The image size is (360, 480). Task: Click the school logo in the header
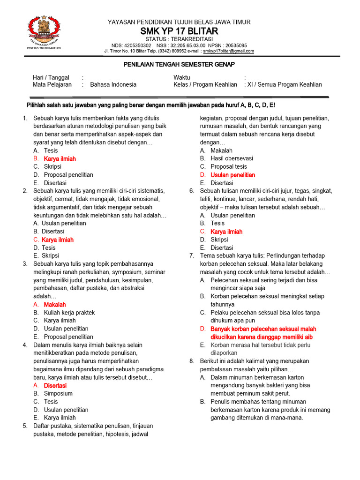click(44, 32)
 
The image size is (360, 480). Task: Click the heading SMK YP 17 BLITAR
click(179, 31)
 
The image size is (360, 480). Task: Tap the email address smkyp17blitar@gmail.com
click(228, 51)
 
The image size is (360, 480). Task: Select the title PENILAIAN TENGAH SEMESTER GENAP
click(179, 64)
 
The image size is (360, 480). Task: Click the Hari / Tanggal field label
click(51, 77)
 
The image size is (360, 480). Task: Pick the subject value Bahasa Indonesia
click(113, 85)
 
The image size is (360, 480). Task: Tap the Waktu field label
click(182, 77)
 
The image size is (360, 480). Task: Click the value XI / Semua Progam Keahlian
click(285, 85)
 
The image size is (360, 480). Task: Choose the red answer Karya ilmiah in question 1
click(60, 159)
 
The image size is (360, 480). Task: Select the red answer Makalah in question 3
click(55, 305)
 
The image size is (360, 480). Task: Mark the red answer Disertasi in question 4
click(55, 385)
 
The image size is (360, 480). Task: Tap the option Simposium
click(58, 393)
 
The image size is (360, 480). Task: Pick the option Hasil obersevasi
click(232, 158)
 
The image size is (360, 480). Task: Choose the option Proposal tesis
click(229, 167)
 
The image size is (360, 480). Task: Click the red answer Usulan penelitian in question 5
click(233, 175)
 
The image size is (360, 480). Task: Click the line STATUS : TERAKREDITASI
click(179, 39)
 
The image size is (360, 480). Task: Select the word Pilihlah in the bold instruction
click(37, 105)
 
